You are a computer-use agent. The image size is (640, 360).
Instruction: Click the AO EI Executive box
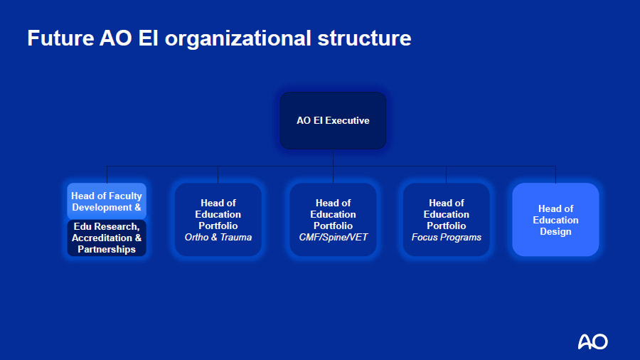[x=333, y=120]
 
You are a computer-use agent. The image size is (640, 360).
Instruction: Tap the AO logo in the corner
[x=592, y=342]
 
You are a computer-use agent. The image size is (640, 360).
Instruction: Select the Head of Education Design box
[x=555, y=220]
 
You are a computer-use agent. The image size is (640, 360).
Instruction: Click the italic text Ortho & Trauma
[x=218, y=237]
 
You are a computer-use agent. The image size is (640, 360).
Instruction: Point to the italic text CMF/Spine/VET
[x=333, y=237]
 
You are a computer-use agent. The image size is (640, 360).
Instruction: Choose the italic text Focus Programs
[x=446, y=237]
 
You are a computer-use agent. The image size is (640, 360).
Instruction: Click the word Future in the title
[x=61, y=38]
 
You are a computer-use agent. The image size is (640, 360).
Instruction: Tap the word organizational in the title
[x=238, y=39]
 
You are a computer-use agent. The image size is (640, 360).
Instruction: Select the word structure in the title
[x=365, y=38]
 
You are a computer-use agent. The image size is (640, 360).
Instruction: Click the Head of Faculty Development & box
[x=107, y=201]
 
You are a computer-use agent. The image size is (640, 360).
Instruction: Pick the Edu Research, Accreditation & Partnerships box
[x=107, y=238]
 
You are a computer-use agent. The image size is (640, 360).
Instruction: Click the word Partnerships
[x=107, y=250]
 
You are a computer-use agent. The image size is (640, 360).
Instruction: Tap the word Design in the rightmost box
[x=555, y=231]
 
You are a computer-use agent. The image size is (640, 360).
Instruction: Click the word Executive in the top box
[x=347, y=120]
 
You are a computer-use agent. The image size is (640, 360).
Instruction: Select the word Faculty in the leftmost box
[x=124, y=196]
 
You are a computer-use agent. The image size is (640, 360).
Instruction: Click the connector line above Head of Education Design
[x=555, y=175]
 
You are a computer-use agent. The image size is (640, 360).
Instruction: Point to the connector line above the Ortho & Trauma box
[x=218, y=175]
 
